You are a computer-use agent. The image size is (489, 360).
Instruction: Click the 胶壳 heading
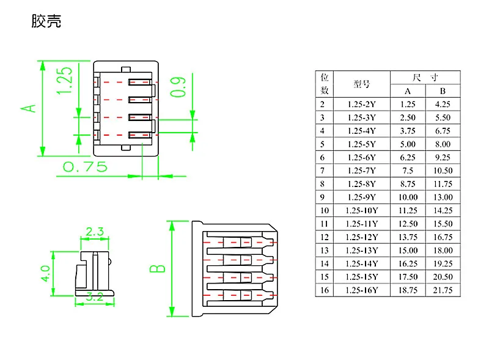click(46, 21)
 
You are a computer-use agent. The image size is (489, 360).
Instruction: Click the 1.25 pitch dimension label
click(64, 81)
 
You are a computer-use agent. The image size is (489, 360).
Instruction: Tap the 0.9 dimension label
click(178, 87)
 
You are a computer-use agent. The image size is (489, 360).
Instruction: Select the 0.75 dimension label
click(85, 167)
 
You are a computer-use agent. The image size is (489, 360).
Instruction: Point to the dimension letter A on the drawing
click(28, 108)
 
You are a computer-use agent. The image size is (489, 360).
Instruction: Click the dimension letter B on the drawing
click(158, 268)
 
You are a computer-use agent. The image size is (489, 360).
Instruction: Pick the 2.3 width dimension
click(95, 232)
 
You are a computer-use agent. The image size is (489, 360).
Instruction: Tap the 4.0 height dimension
click(45, 274)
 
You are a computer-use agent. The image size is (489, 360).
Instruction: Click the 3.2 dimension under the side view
click(95, 296)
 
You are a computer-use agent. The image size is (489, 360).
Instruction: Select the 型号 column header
click(362, 84)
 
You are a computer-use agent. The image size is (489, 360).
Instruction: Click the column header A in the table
click(408, 91)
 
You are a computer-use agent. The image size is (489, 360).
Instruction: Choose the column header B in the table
click(443, 91)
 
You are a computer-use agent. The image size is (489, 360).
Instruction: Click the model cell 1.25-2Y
click(362, 104)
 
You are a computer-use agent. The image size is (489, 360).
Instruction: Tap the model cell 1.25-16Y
click(362, 290)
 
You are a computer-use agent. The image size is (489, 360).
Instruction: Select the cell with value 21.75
click(443, 290)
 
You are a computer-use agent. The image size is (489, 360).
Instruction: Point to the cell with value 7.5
click(408, 171)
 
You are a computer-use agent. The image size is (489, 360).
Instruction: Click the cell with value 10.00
click(408, 197)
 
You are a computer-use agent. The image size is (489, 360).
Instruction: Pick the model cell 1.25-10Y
click(362, 211)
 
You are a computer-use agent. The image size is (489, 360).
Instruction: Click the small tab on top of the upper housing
click(126, 69)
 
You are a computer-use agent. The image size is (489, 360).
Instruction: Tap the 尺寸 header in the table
click(425, 78)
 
